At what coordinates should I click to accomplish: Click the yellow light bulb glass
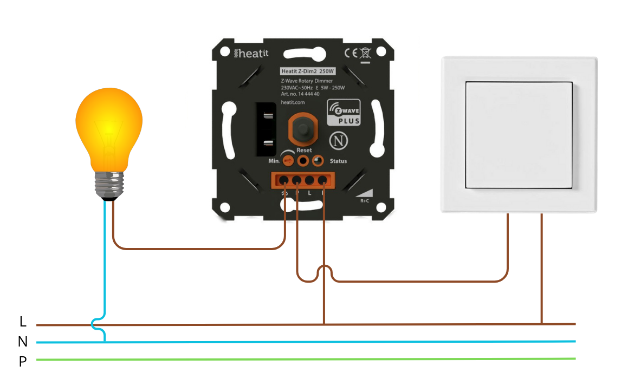109,127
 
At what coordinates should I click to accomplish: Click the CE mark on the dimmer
351,53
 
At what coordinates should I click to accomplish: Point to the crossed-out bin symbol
365,53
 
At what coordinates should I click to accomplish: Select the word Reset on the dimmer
304,150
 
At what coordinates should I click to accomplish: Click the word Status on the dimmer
338,161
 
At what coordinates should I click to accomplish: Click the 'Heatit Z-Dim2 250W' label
307,71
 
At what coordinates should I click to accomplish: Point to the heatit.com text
293,102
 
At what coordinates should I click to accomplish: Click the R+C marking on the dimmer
365,200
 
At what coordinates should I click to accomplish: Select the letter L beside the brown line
23,322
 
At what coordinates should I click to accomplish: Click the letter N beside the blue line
23,342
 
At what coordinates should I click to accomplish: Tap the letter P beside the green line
23,362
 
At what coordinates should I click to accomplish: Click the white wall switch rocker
519,135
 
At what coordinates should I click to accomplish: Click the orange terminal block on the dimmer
303,180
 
